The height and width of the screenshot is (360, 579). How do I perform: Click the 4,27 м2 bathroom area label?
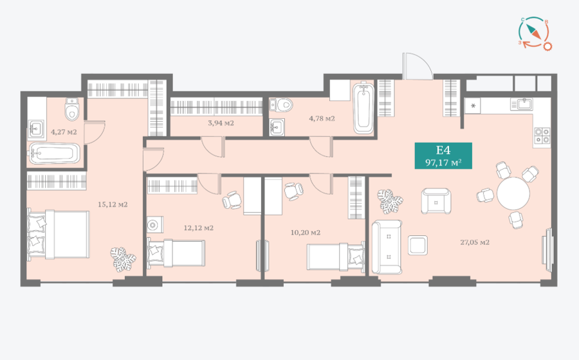[64, 132]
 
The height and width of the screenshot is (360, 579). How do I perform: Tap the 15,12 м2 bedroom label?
[113, 204]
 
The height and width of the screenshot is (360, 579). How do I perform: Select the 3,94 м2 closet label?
[221, 123]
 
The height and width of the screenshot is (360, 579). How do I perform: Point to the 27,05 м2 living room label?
[475, 242]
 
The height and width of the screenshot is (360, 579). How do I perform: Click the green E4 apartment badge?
[443, 156]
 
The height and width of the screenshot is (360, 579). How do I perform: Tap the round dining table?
[513, 194]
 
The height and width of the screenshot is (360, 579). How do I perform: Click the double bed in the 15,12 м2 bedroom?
[59, 235]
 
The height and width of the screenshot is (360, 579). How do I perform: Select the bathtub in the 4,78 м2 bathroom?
[363, 108]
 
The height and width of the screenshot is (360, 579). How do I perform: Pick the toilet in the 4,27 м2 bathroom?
[71, 109]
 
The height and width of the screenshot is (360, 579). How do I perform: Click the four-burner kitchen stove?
[542, 135]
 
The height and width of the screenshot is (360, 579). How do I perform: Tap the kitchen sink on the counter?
[522, 104]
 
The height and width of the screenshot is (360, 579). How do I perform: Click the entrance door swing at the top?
[418, 66]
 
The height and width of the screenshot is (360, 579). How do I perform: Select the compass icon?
[535, 33]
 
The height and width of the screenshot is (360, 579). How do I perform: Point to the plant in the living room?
[390, 201]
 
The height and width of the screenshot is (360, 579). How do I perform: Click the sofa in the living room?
[387, 247]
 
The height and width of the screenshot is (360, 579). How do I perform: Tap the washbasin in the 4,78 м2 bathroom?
[277, 127]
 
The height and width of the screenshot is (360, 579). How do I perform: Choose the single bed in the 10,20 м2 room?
[335, 256]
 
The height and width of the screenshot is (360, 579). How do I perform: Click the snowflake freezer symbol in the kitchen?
[473, 107]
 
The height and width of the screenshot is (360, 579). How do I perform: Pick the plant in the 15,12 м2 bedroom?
[123, 259]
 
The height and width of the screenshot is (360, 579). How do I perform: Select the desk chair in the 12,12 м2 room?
[232, 201]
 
